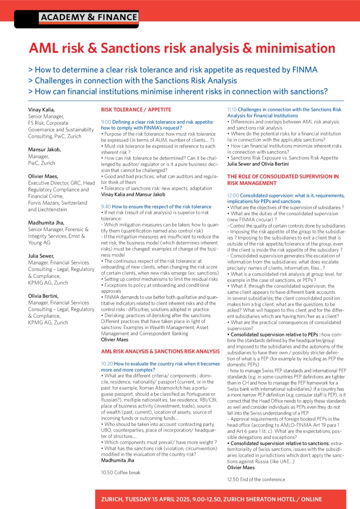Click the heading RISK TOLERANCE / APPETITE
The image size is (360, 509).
tap(136, 109)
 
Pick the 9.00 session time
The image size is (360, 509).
tap(105, 122)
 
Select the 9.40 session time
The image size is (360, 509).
tap(105, 206)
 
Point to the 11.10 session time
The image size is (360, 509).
tap(232, 109)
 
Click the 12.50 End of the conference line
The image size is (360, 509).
tap(256, 479)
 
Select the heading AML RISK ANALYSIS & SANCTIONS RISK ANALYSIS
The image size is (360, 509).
tap(160, 351)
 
